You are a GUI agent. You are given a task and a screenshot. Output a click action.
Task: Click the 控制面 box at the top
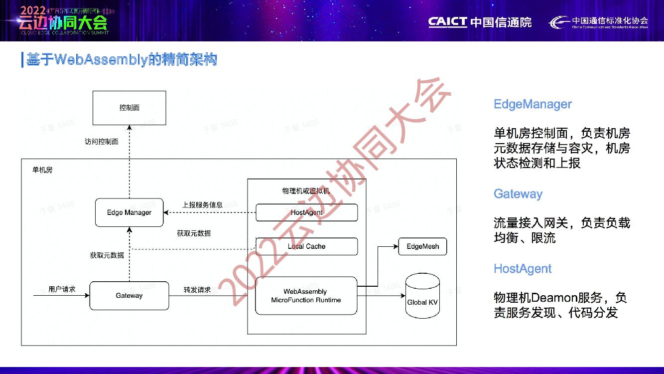pos(129,108)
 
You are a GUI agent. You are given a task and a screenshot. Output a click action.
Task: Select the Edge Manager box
pos(129,212)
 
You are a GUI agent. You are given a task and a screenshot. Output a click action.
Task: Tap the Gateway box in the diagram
pos(129,296)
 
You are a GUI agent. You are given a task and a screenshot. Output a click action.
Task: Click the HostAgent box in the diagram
pos(306,212)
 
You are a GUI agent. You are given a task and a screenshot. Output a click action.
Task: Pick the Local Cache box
pos(306,246)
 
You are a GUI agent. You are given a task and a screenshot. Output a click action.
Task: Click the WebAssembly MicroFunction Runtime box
pos(306,296)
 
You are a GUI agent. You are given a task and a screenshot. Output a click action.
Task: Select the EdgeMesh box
pos(423,246)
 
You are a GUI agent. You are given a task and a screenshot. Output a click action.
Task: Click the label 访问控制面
pos(102,142)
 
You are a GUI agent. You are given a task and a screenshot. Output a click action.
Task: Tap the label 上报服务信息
pos(202,204)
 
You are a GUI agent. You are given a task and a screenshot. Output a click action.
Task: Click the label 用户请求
pos(62,289)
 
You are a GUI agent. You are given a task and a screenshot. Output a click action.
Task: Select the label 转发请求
pos(197,290)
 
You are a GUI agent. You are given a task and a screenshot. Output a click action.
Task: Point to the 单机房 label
pos(42,170)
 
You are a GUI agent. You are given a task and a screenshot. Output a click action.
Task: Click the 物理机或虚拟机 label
pos(305,190)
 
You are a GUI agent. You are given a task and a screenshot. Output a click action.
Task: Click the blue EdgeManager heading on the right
pos(532,104)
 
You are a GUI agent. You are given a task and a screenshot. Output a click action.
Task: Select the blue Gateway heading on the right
pos(518,194)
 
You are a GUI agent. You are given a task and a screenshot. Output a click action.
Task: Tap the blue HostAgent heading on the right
pos(523,269)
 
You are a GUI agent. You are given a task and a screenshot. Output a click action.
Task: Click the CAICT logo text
pos(447,22)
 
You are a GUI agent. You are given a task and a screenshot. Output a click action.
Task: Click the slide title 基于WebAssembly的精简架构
pos(122,60)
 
